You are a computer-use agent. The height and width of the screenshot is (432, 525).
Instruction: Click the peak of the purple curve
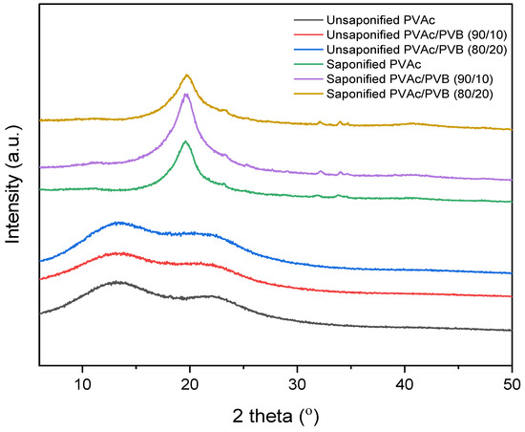click(x=187, y=94)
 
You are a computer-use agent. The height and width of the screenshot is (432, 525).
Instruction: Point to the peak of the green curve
click(x=186, y=141)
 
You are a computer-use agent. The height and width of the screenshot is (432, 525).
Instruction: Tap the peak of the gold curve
click(x=188, y=75)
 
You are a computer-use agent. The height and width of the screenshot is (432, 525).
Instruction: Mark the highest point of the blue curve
click(x=119, y=222)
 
